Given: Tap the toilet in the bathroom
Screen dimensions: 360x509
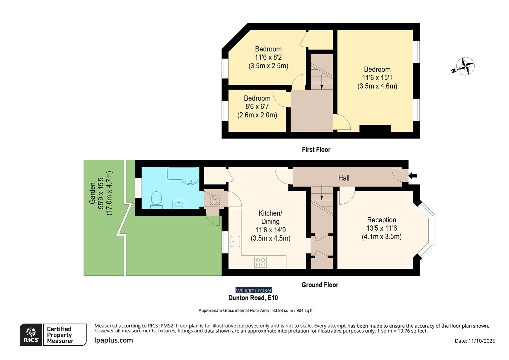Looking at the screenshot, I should point(156,200).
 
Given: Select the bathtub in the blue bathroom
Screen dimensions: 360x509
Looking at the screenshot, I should point(183,175).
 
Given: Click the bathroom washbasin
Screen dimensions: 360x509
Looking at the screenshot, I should point(180,204).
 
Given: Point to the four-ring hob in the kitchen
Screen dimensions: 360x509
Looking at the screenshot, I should point(260,262).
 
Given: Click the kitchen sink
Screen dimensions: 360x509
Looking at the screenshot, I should point(235,241).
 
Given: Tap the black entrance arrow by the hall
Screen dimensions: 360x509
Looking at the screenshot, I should point(413,176).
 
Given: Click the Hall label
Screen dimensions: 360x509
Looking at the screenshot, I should point(344,178).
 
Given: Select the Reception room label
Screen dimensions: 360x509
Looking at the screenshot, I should point(381,220).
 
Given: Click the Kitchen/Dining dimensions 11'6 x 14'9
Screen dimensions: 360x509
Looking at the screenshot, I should point(270,230).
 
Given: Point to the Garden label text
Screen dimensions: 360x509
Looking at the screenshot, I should point(92,193).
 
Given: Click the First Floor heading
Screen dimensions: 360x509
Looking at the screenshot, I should point(316,150).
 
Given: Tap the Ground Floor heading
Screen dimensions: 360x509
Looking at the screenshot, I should point(319,285).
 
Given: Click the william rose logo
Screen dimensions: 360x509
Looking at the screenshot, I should point(254,290).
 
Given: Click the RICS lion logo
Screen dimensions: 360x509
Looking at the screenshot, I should point(31,334).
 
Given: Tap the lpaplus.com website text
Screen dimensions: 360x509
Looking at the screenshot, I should point(114,340).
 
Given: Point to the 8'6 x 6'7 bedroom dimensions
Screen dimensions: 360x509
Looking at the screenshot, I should point(257,107).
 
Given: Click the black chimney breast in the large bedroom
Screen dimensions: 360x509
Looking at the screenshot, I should point(375,129).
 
